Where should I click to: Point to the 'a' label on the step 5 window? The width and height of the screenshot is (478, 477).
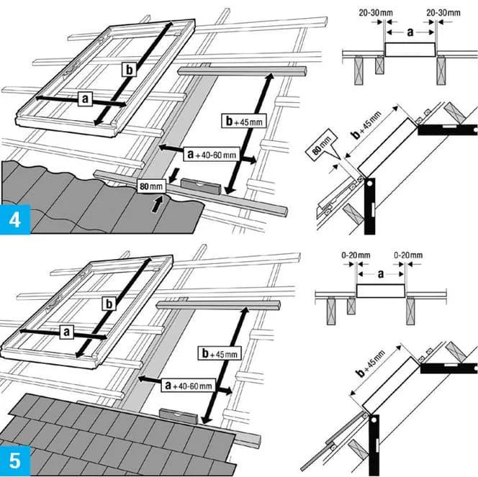[66, 332]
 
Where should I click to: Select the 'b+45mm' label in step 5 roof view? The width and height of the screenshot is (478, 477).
[218, 353]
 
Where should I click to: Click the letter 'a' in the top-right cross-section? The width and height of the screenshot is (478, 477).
[409, 33]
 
